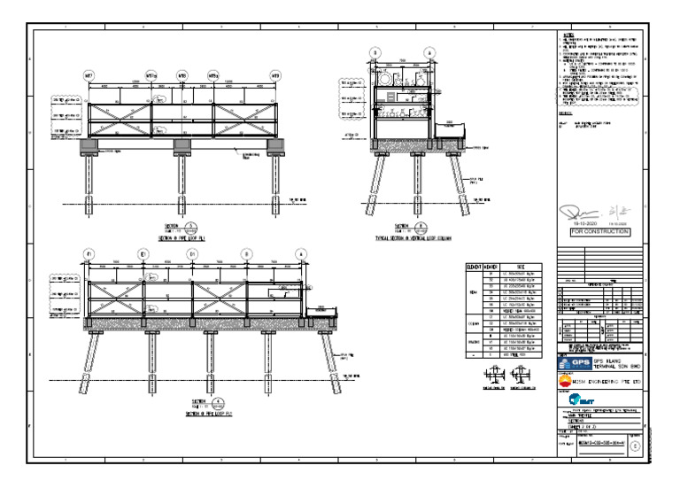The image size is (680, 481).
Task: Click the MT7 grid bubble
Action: coord(89,76)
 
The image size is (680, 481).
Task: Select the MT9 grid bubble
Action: coord(275,76)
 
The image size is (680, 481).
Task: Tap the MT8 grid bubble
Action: coord(182,76)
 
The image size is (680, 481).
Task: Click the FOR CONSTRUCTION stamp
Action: coord(594,232)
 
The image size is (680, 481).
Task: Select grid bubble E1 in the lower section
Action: coord(143,254)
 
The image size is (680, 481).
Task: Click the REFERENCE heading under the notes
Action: coord(569,115)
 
